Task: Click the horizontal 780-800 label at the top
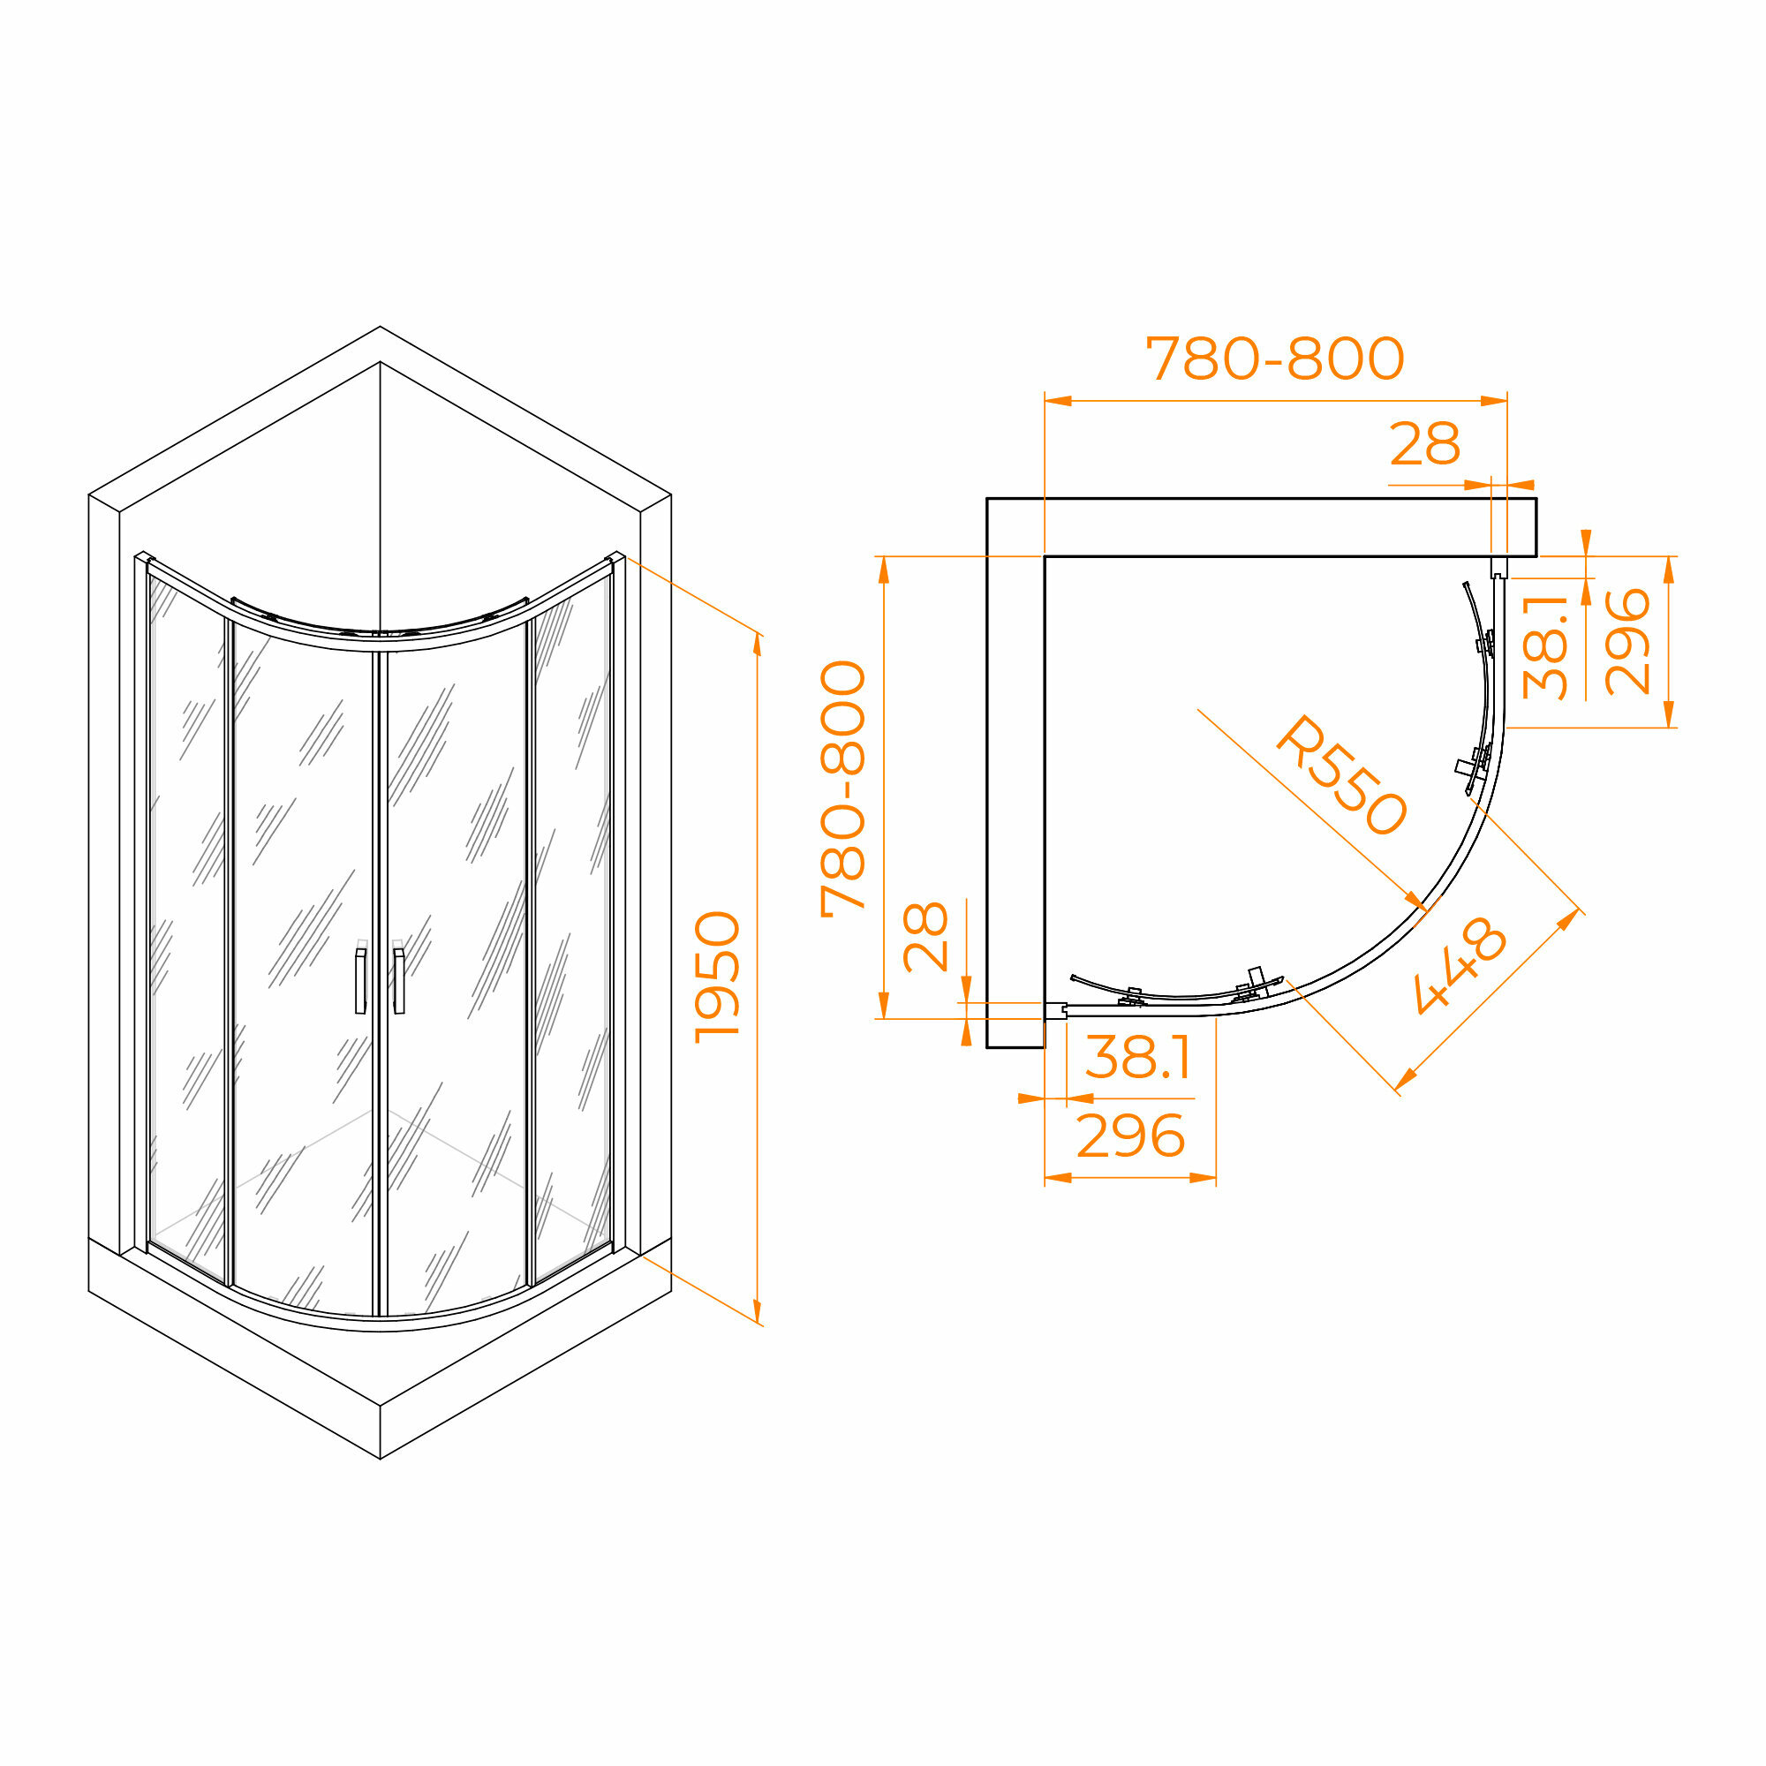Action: click(x=1274, y=358)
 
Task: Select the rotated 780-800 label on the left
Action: click(x=841, y=788)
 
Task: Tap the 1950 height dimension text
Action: click(x=718, y=977)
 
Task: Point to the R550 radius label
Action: click(x=1340, y=776)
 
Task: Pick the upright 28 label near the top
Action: click(x=1424, y=445)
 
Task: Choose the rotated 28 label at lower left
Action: click(x=925, y=937)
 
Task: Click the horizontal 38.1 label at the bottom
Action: click(x=1138, y=1058)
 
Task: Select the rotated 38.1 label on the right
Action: click(x=1544, y=647)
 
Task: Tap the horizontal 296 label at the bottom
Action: click(x=1131, y=1136)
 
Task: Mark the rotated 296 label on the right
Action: click(x=1627, y=643)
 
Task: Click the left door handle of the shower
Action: click(x=360, y=981)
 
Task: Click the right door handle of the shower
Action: click(x=398, y=981)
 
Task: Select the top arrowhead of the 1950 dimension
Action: click(x=757, y=645)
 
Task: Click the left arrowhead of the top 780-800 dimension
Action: click(x=1058, y=400)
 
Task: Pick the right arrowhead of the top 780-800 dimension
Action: click(x=1494, y=400)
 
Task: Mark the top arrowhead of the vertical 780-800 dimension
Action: click(x=883, y=569)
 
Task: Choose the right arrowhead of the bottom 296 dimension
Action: click(x=1203, y=1178)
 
